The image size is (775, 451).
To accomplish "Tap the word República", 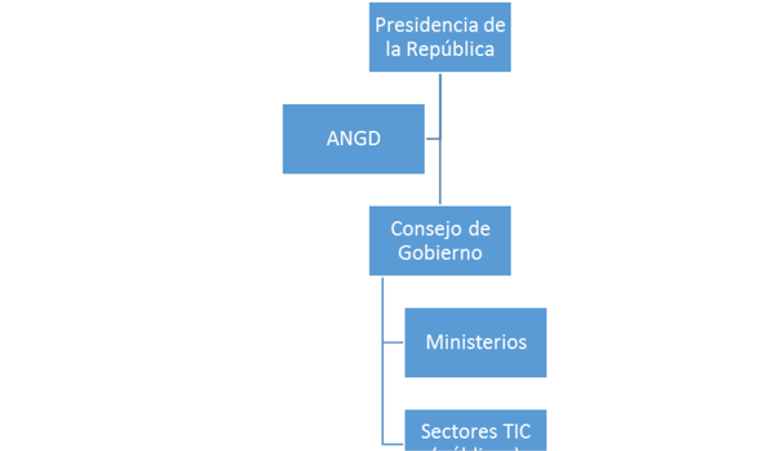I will coord(449,49).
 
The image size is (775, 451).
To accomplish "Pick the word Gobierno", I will coord(440,253).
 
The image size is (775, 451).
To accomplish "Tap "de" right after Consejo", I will coord(478,229).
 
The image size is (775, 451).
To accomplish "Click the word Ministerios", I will coord(476,342).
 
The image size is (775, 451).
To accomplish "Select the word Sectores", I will coord(455,432).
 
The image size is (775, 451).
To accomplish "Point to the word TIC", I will coord(513,432).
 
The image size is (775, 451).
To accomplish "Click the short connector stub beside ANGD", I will coord(432,138).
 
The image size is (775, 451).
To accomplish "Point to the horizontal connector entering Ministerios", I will coord(394,342).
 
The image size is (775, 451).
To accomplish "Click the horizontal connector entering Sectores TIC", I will coord(394,443).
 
